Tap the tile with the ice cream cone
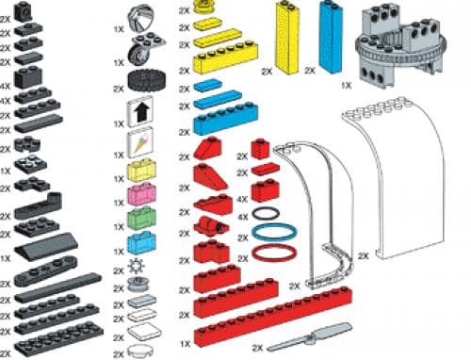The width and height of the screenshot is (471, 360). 140,145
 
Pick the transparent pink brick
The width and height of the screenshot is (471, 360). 140,195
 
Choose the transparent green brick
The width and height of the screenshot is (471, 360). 140,218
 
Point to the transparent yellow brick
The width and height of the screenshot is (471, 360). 140,172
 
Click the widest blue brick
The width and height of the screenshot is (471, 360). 225,121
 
